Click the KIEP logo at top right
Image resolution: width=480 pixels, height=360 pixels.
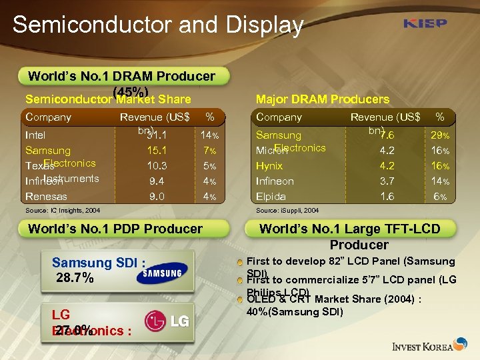pos(425,24)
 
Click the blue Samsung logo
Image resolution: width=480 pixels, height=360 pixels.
pos(159,273)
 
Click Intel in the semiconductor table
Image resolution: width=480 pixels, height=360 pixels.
pos(35,135)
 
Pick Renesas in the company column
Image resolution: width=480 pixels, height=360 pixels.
pos(46,196)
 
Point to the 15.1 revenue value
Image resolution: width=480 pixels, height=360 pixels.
pos(157,151)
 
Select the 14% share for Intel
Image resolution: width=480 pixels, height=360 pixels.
pos(210,135)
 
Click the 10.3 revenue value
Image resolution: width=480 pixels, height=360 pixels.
pos(157,166)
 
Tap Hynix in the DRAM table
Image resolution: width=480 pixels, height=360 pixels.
pos(269,166)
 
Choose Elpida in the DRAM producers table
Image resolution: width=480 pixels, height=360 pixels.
pos(271,197)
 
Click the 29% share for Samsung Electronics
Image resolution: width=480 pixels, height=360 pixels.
pos(440,135)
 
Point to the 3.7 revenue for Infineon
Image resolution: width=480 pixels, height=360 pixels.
pos(387,181)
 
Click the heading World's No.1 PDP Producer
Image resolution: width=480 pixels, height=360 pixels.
pos(115,229)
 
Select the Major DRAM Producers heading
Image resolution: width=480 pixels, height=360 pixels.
pos(323,99)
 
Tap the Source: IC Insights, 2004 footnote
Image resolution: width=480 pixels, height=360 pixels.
pos(63,210)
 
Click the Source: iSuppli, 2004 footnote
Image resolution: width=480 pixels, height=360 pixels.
pos(287,210)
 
